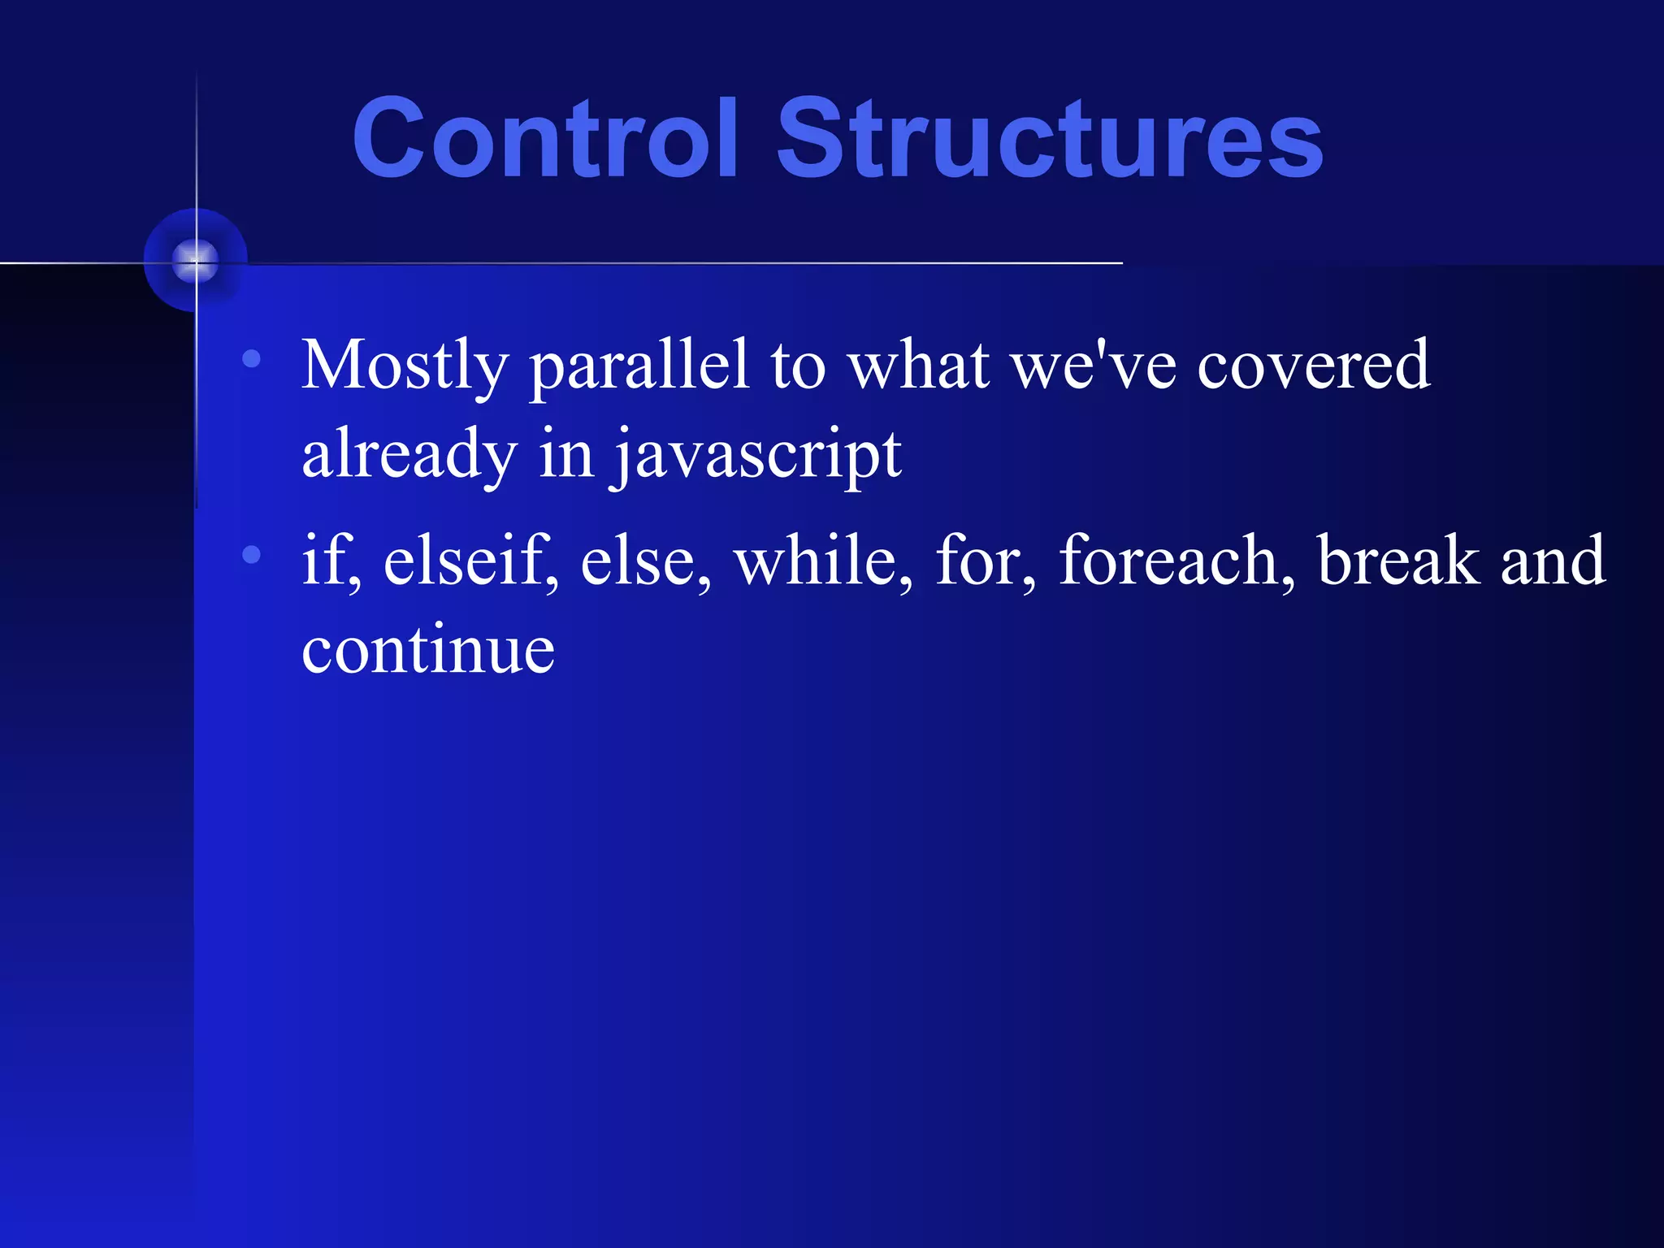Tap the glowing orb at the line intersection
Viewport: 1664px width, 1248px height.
[195, 261]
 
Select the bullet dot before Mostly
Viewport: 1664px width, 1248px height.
[252, 358]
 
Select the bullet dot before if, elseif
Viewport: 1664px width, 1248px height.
[252, 555]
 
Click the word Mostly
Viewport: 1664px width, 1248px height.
[405, 366]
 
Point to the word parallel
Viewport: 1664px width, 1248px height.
[639, 366]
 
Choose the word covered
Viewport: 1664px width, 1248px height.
[1313, 366]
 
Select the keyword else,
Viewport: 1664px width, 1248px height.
[645, 561]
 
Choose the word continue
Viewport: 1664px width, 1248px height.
[428, 650]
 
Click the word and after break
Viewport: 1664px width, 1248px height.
[1552, 561]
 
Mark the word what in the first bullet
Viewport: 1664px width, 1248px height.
[918, 366]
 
